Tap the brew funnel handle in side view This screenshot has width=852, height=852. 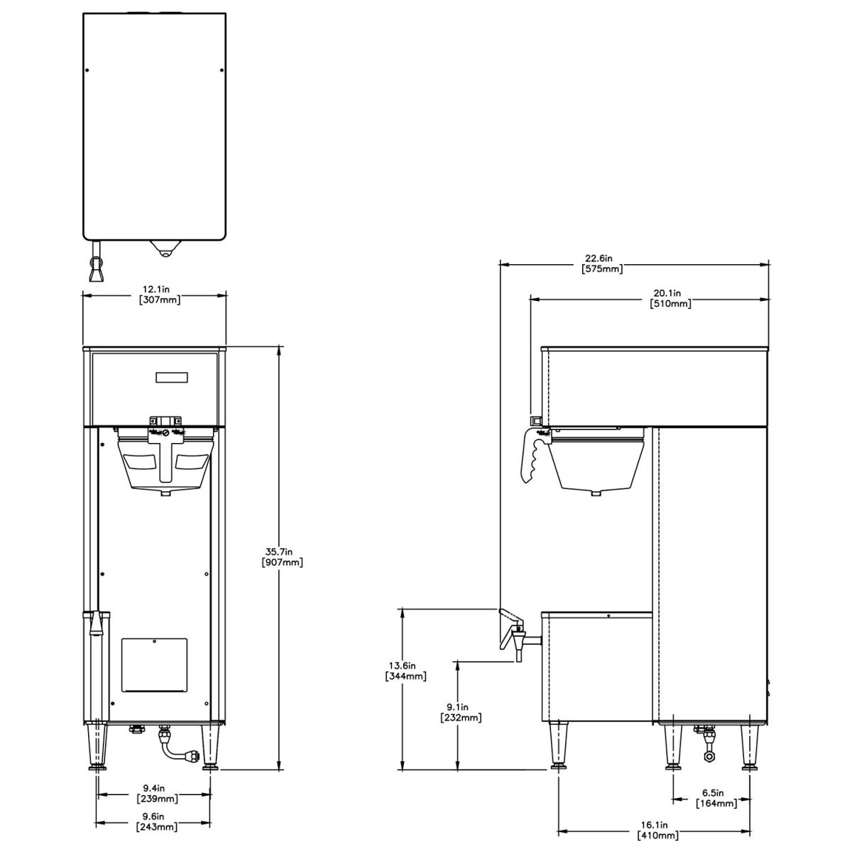[x=532, y=458]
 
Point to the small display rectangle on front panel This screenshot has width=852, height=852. [x=173, y=378]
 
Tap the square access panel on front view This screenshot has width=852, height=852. [x=154, y=665]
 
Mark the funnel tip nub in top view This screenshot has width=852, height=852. [x=164, y=251]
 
